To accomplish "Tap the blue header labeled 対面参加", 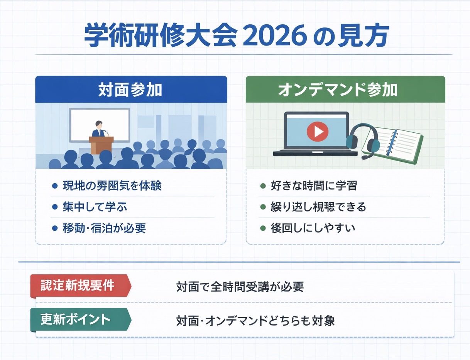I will coord(131,90).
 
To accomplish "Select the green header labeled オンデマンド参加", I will coord(345,90).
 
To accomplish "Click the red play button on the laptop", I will coord(317,132).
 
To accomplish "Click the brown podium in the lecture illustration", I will coord(100,145).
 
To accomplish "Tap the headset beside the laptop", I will coord(364,141).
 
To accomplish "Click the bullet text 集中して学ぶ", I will coord(95,207).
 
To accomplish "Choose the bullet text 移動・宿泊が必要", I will coord(104,228).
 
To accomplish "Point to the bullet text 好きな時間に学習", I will coord(314,186).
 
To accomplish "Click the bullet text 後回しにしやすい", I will coord(313,228).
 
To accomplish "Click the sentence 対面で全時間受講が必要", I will coord(240,287).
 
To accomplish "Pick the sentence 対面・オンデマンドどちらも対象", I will coord(255,321).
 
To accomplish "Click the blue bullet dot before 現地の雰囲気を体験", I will coord(54,186).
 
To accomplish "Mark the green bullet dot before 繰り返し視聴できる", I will coord(263,207).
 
